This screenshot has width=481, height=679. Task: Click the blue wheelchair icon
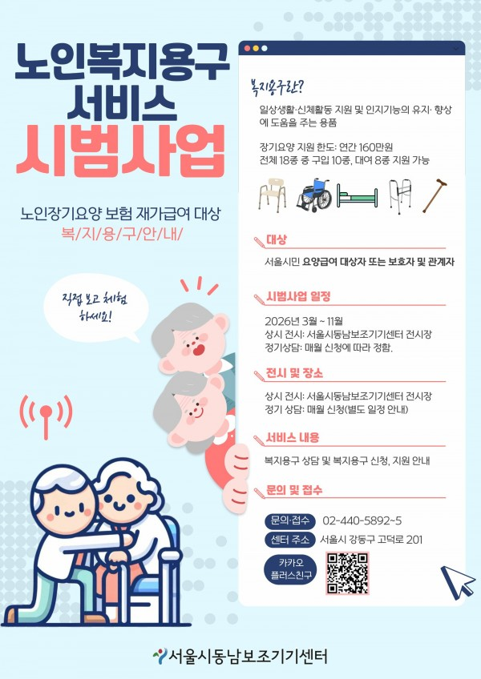314,195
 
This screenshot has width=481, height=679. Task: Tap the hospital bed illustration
358,197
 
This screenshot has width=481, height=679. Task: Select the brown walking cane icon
435,195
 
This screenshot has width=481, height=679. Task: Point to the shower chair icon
273,195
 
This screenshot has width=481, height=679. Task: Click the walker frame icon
400,197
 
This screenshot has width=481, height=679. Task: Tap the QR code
347,573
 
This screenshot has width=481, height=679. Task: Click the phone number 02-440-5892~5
362,520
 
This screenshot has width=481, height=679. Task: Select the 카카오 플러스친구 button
290,569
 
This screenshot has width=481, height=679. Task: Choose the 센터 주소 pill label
289,540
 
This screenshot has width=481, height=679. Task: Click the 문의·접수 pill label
289,520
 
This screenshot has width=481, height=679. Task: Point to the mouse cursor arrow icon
457,581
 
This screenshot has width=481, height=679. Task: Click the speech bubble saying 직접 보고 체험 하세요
96,307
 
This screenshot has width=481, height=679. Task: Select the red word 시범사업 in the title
120,150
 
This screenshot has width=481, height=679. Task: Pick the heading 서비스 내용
293,437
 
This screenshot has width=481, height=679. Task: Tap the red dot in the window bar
247,49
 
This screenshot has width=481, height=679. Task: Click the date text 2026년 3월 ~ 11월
304,321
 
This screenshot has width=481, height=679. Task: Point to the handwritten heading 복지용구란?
274,86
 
